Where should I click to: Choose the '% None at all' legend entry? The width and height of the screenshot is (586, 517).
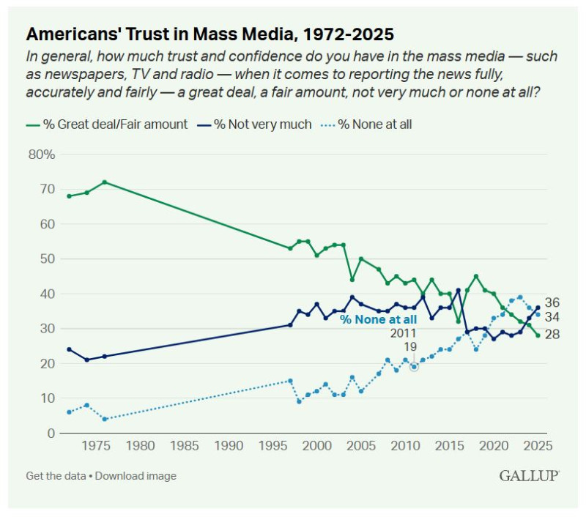coord(368,124)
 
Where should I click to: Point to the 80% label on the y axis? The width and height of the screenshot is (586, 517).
coord(42,155)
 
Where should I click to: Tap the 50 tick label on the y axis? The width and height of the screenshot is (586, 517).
coord(45,259)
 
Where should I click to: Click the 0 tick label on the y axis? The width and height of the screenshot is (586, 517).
coord(51,434)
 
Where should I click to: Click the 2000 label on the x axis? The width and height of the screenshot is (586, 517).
coord(316,446)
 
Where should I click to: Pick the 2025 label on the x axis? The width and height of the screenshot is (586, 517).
coord(537,446)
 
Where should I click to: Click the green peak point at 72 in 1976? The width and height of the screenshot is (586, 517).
coord(105,182)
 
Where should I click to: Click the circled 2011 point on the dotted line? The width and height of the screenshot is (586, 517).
coord(414,366)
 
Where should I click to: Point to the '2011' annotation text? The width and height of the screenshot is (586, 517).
coord(402,333)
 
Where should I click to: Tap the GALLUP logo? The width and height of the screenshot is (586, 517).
coord(530,476)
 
